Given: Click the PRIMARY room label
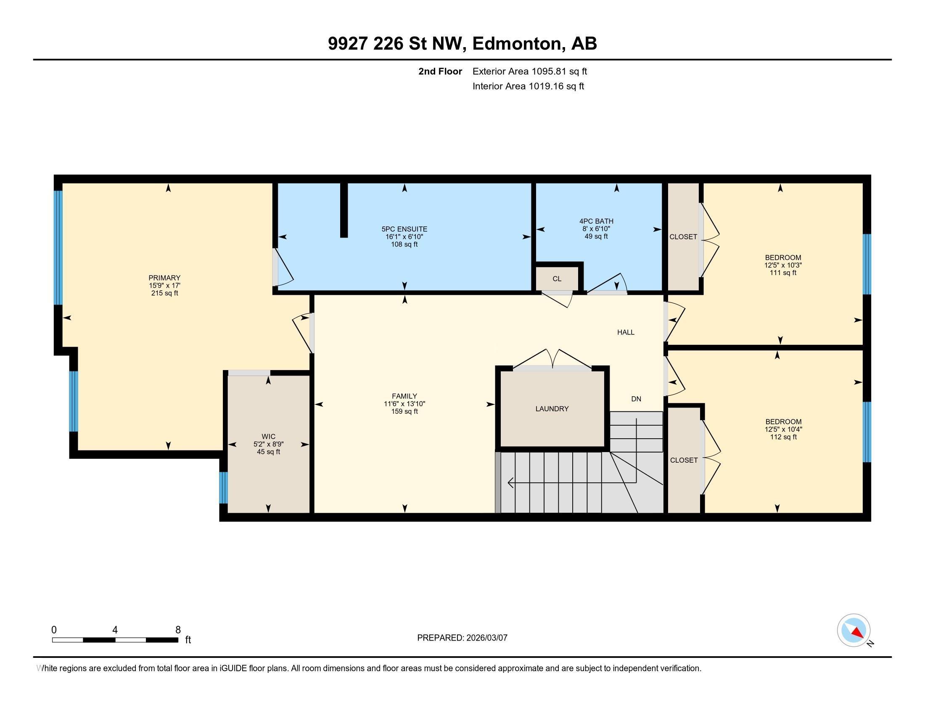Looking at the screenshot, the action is [x=164, y=278].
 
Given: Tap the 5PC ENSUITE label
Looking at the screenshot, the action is [x=404, y=229].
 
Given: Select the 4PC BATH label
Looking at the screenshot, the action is [x=596, y=221].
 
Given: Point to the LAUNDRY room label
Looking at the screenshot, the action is [x=552, y=409].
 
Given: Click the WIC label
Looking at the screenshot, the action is [x=269, y=436].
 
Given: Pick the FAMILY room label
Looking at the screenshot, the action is [x=404, y=397].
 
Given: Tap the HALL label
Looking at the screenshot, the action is [x=626, y=333].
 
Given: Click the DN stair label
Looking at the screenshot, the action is [x=636, y=399].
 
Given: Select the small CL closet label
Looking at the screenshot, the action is [x=557, y=279].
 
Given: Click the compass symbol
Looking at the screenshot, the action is [x=854, y=630].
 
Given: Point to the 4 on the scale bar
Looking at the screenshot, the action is [x=115, y=630].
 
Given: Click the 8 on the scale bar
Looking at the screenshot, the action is [x=178, y=630].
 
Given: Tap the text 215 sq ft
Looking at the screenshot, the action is [x=164, y=293].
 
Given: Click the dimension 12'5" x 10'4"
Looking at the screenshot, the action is [x=783, y=429].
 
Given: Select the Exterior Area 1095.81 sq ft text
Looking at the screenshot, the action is [x=530, y=71].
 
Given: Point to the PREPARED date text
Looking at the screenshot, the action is [x=462, y=638].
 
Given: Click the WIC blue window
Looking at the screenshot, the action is [x=223, y=487].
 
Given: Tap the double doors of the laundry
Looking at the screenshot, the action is [x=552, y=360].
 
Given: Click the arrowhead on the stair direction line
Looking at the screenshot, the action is [x=510, y=482].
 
